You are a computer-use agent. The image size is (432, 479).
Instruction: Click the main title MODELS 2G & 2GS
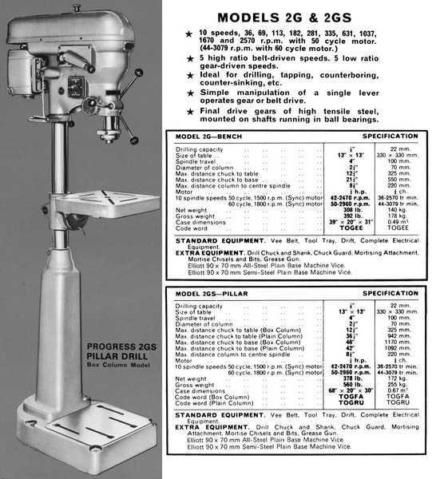click(295, 18)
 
